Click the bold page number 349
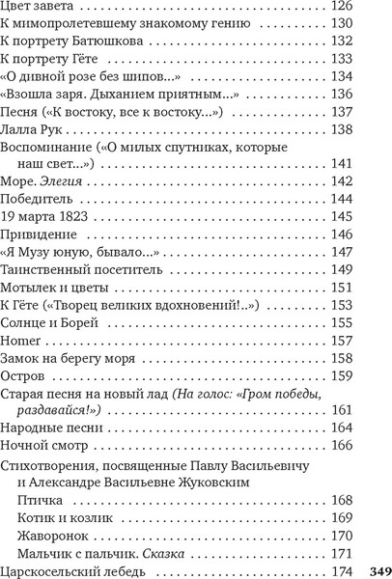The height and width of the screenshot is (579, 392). point(377,567)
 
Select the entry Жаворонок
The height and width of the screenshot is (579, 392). point(52,534)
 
